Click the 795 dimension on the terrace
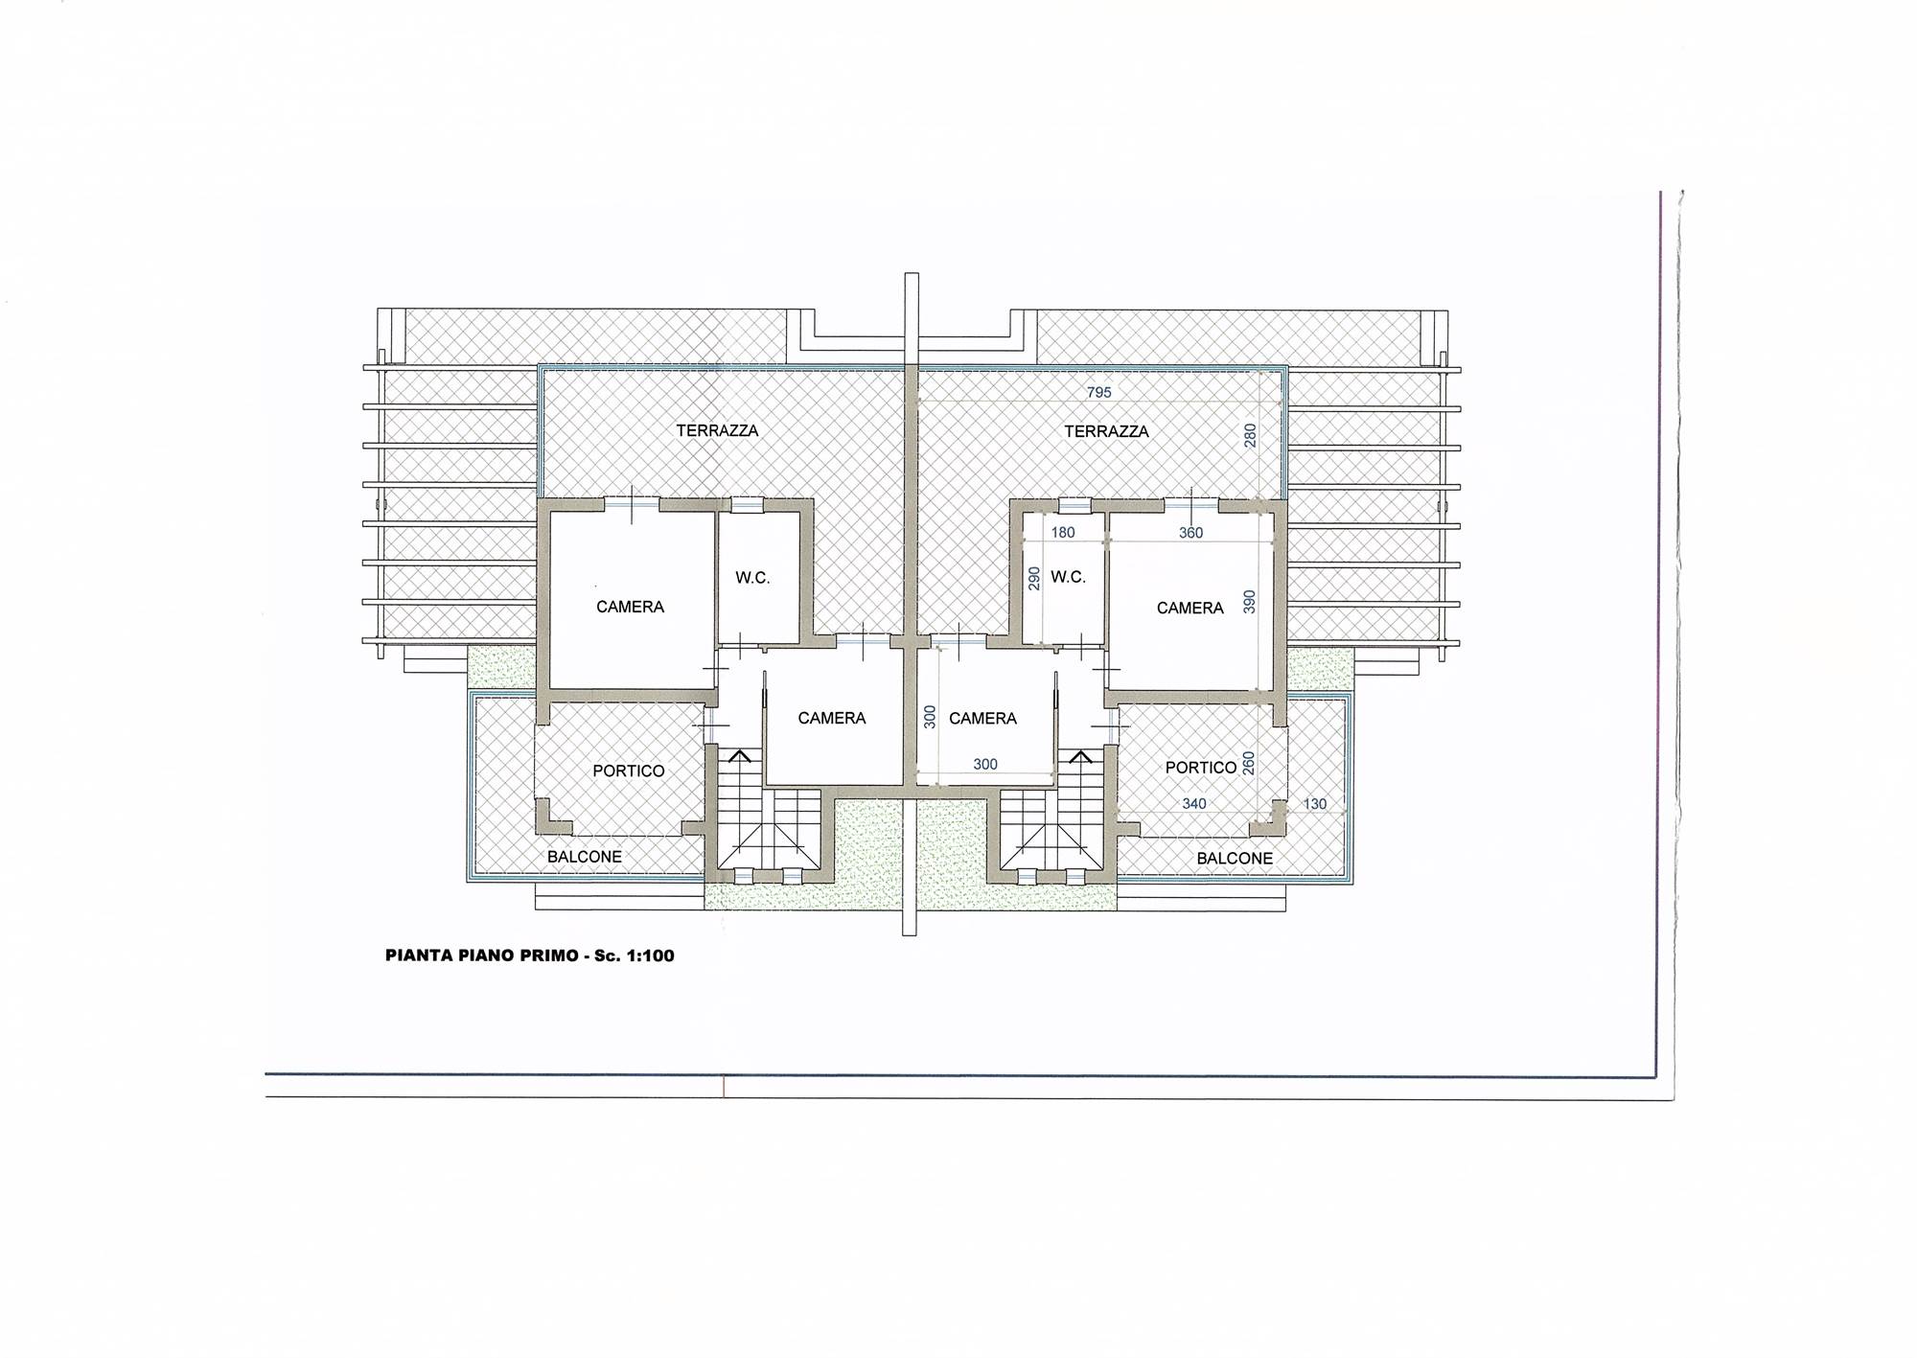[1098, 393]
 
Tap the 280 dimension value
[1250, 436]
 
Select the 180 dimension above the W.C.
[1063, 533]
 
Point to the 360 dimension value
[1190, 533]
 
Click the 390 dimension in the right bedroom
[1248, 601]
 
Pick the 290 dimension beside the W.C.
[1034, 578]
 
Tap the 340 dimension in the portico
[1193, 804]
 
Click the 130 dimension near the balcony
[1315, 804]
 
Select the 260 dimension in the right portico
[1248, 762]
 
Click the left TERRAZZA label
[717, 431]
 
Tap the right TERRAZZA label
[1106, 431]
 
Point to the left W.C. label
[752, 578]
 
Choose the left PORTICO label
[629, 771]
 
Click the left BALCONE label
[585, 857]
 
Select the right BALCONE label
[1235, 859]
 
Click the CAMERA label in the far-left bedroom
[630, 607]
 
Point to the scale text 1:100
[651, 955]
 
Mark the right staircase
[1055, 815]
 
